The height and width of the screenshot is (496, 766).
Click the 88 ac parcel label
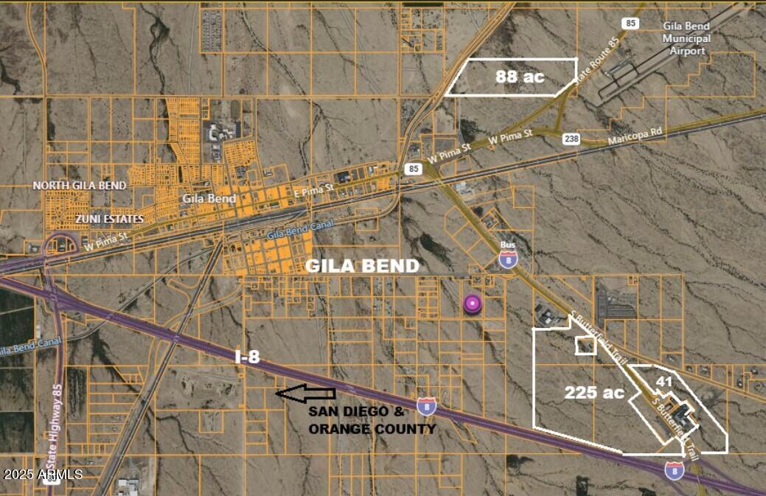[x=519, y=76]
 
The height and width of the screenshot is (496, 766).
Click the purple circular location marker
[x=473, y=304]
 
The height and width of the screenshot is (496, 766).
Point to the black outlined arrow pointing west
[x=305, y=394]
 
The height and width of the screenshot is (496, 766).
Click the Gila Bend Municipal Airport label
[x=686, y=39]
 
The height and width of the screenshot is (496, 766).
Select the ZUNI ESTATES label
[x=109, y=219]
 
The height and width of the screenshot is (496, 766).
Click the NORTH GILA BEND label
[x=80, y=186]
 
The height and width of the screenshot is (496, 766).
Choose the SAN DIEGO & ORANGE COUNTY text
[x=372, y=420]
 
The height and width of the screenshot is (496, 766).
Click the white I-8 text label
[x=247, y=357]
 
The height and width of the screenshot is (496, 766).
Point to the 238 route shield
[x=571, y=139]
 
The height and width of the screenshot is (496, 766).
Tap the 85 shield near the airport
[x=630, y=23]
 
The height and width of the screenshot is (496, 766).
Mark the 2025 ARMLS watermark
[x=43, y=474]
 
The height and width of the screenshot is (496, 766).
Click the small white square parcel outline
[x=585, y=345]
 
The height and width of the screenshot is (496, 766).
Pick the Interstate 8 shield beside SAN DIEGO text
[x=426, y=405]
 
